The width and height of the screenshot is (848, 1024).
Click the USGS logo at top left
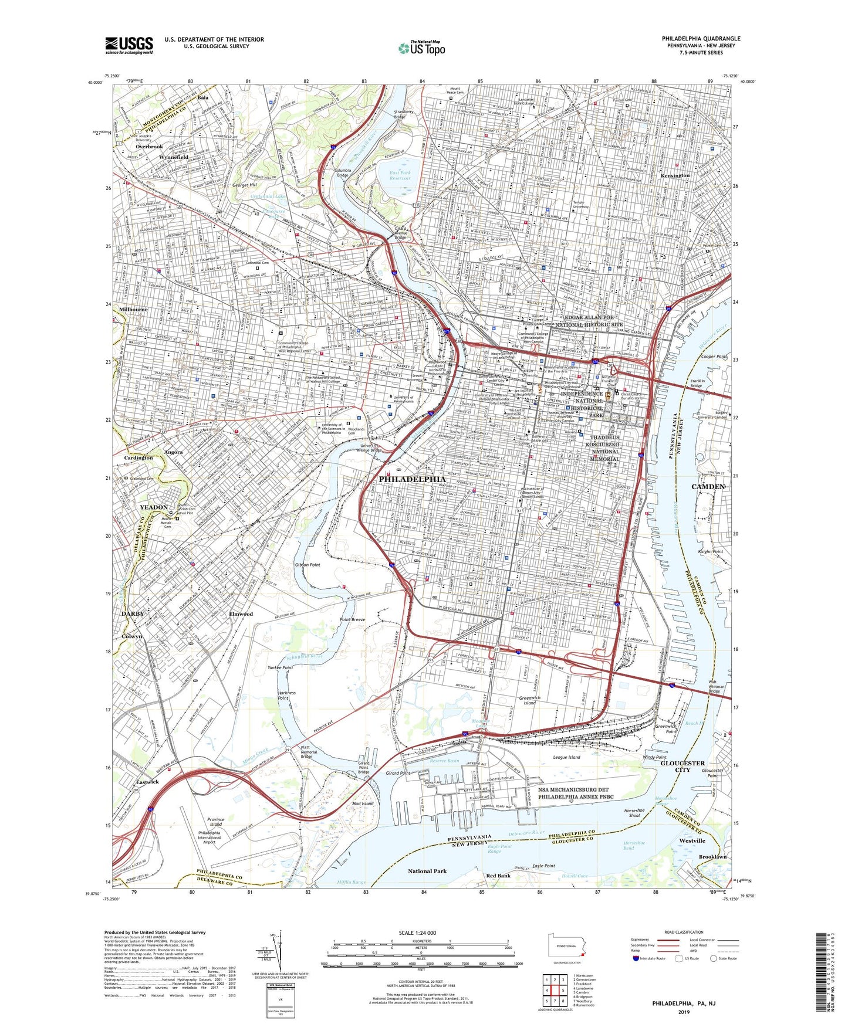pyautogui.click(x=129, y=45)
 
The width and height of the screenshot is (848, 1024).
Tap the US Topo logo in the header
pyautogui.click(x=421, y=48)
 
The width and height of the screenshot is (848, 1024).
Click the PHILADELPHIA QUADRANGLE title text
pyautogui.click(x=701, y=39)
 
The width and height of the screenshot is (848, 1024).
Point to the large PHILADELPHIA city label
pyautogui.click(x=416, y=479)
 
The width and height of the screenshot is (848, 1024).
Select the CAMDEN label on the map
pyautogui.click(x=708, y=487)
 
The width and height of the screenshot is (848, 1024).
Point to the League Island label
pyautogui.click(x=566, y=757)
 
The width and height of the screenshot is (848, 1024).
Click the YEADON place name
pyautogui.click(x=154, y=507)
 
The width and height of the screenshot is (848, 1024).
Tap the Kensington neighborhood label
pyautogui.click(x=675, y=175)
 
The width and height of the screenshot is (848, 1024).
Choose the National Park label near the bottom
pyautogui.click(x=427, y=871)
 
